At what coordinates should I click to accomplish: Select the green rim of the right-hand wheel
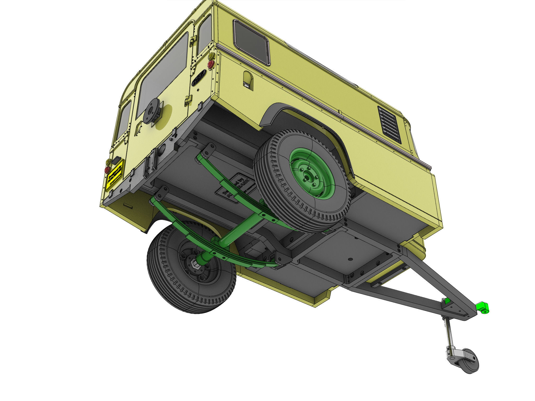pyautogui.click(x=312, y=173)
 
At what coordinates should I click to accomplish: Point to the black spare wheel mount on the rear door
pyautogui.click(x=151, y=111)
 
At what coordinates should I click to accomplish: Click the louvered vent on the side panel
pyautogui.click(x=389, y=125)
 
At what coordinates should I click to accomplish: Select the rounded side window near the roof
pyautogui.click(x=251, y=42)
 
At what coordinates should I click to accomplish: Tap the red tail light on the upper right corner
pyautogui.click(x=211, y=64)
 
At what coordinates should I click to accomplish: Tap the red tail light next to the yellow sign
pyautogui.click(x=107, y=170)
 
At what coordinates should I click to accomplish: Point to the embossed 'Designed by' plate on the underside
pyautogui.click(x=234, y=187)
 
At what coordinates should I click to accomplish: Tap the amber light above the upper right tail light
pyautogui.click(x=211, y=56)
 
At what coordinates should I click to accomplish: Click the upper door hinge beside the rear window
pyautogui.click(x=193, y=42)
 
